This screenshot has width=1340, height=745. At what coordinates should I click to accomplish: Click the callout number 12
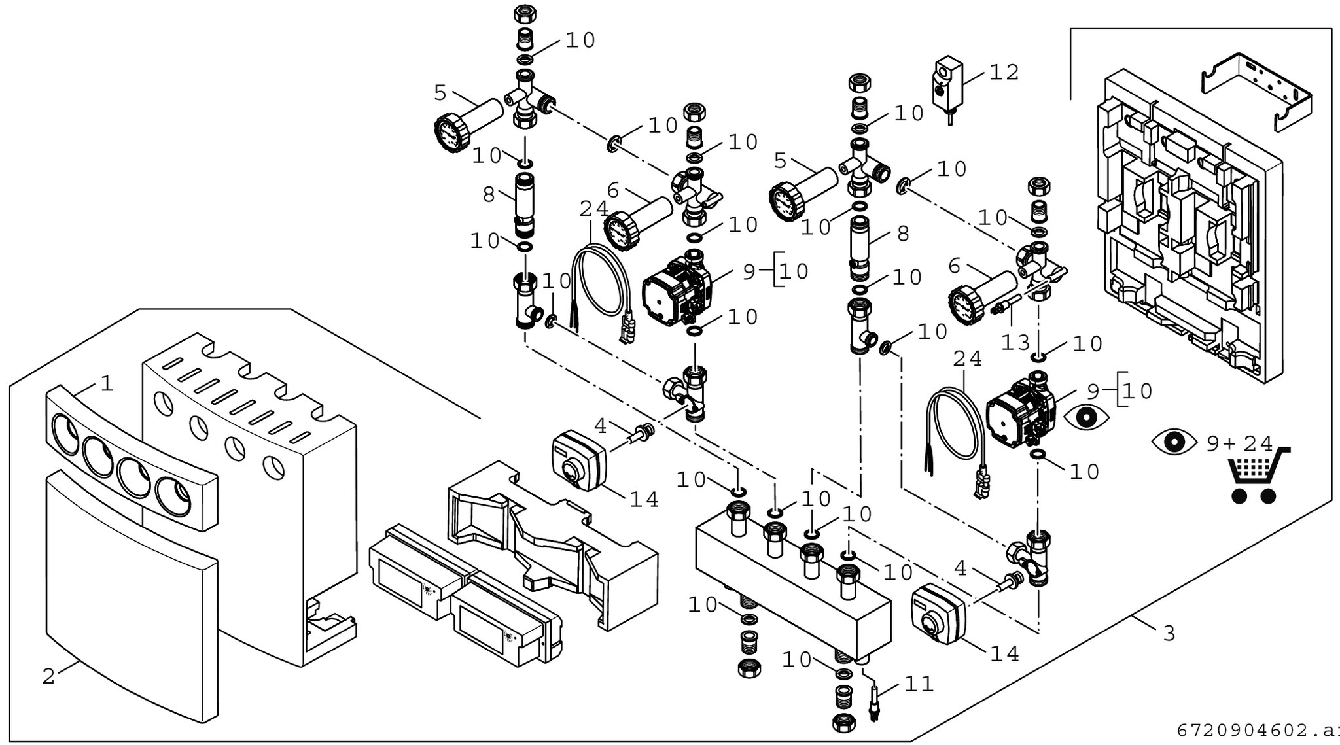click(x=1004, y=72)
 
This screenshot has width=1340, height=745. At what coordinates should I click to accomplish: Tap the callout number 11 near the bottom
click(x=919, y=684)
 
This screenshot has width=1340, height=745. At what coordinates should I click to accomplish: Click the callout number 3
click(x=1169, y=633)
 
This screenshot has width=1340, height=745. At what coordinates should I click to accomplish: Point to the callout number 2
click(x=48, y=676)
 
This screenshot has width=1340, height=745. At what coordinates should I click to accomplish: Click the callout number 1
click(x=107, y=383)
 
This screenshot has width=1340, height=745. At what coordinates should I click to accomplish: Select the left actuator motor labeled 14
click(x=578, y=460)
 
